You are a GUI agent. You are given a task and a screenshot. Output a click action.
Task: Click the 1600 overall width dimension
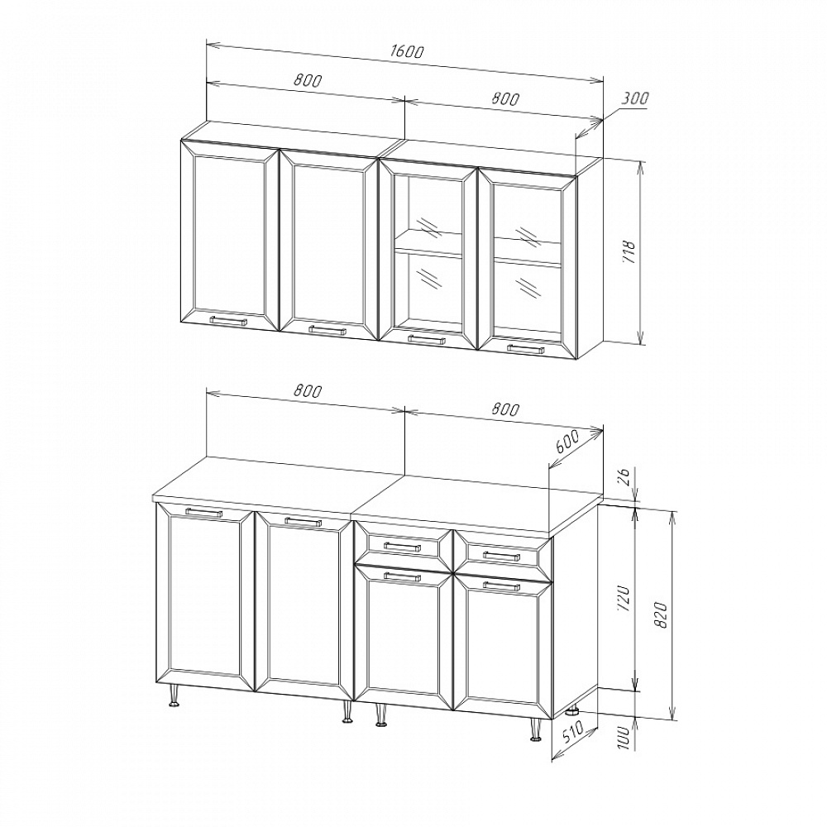(x=407, y=51)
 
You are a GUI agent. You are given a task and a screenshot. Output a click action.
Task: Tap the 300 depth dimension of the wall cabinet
(x=634, y=98)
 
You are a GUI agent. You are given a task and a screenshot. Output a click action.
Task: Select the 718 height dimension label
(x=629, y=252)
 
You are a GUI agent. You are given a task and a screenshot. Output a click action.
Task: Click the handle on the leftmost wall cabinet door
(x=228, y=320)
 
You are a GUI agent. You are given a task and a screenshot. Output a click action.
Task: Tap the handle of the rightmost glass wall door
(x=525, y=349)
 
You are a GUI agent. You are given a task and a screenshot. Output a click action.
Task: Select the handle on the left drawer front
(x=403, y=547)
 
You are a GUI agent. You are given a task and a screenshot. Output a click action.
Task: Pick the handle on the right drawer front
(x=502, y=556)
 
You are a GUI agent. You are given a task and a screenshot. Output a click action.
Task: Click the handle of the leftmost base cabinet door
(x=204, y=512)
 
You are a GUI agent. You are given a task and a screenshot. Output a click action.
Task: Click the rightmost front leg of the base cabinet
(x=536, y=730)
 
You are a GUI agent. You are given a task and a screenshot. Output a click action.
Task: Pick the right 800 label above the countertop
(x=505, y=409)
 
